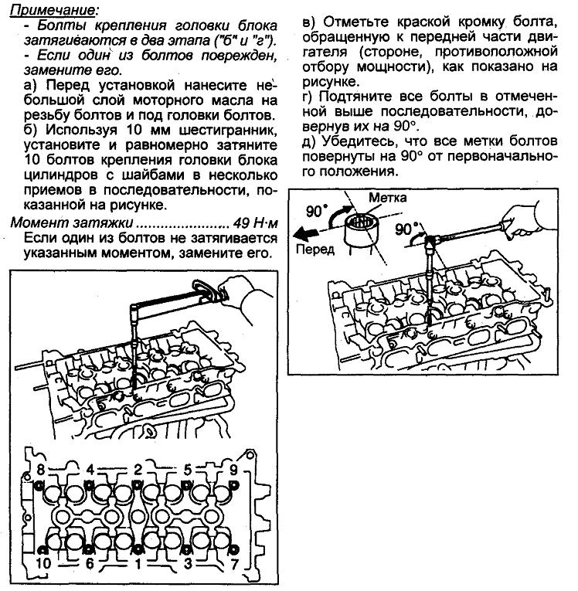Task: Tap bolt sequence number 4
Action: click(x=90, y=468)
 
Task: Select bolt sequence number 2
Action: click(x=138, y=468)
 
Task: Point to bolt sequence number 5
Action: click(x=188, y=468)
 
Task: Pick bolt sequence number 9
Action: click(x=233, y=468)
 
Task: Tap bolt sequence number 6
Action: click(x=90, y=564)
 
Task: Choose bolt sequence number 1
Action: click(x=138, y=564)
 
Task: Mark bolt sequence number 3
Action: click(x=188, y=564)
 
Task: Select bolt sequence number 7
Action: click(x=233, y=564)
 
